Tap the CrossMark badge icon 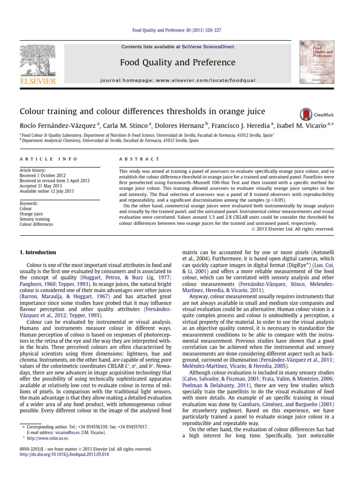(306, 114)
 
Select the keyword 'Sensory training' (35, 219)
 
